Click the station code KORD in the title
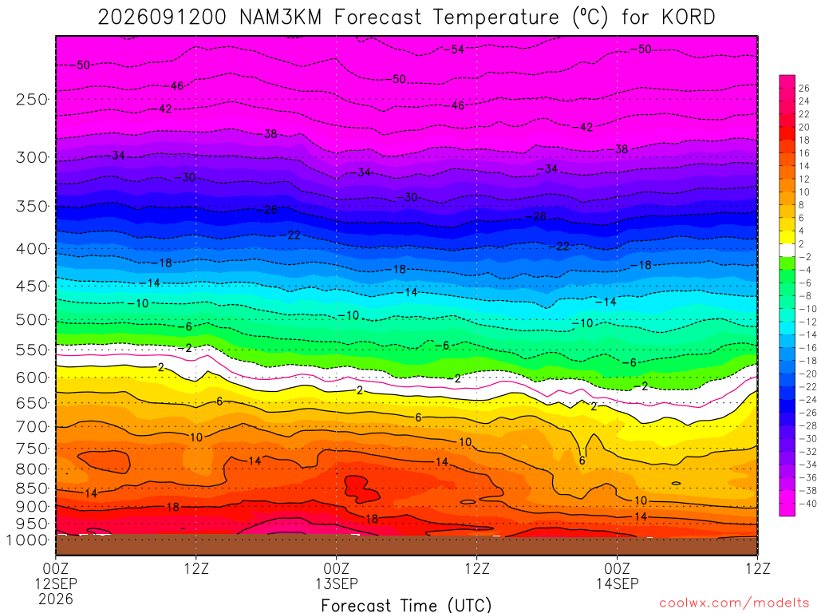[689, 18]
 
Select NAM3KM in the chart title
[280, 18]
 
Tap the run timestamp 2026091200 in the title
[162, 18]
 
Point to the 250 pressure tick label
[32, 99]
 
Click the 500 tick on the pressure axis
[32, 319]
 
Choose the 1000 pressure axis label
[27, 540]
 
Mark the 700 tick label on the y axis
[32, 426]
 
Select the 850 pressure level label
[32, 488]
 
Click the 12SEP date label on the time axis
[56, 583]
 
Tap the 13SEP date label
[337, 583]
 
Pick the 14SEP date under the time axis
[618, 583]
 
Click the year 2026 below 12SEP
[56, 599]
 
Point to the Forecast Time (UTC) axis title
[406, 605]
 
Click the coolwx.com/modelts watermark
[734, 603]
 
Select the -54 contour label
[454, 49]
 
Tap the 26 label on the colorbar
[804, 89]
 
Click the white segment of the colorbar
[787, 250]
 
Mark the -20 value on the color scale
[805, 374]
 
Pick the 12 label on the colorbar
[804, 180]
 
